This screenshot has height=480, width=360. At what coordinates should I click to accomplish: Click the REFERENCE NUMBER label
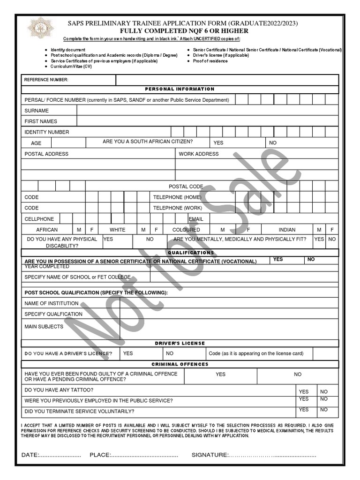46,80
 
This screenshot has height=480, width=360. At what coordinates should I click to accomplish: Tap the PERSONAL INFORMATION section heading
180,89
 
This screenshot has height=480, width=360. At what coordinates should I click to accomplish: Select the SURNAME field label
37,111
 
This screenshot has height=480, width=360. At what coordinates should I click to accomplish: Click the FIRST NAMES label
41,121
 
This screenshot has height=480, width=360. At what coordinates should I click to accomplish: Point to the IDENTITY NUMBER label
47,132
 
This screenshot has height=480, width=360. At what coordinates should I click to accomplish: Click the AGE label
36,143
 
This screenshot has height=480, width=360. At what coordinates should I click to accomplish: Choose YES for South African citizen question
218,142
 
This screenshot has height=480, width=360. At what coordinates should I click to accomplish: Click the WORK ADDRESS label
199,154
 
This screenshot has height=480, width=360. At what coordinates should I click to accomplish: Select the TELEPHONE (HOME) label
177,197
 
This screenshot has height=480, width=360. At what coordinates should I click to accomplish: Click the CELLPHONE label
39,219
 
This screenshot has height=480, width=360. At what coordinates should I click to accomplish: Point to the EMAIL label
196,219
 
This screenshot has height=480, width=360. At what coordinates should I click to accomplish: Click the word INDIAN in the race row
287,230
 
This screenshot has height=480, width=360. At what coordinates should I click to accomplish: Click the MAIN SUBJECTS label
44,326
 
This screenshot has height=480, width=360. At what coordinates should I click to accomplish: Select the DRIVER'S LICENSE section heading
180,343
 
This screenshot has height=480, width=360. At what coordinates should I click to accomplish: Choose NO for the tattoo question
324,391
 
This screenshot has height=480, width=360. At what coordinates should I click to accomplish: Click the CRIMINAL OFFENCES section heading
180,364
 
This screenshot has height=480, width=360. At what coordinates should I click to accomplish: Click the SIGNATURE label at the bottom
210,455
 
